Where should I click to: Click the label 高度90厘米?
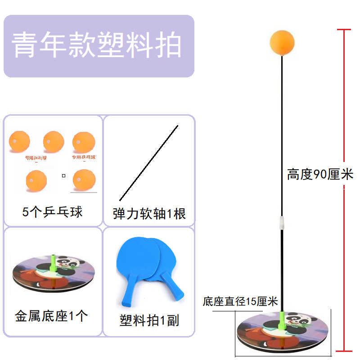point(320,174)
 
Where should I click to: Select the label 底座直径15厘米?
point(240,301)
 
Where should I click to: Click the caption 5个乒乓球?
point(53,211)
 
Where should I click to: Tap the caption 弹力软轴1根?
point(149,213)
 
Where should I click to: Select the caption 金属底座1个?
point(51,316)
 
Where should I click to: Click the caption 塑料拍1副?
point(149,320)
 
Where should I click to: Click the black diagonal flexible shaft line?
point(148,163)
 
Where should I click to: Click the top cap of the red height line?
point(344,30)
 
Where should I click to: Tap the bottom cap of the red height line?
point(344,350)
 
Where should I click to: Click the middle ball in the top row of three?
point(54,142)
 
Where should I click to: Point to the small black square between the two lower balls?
point(64,176)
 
